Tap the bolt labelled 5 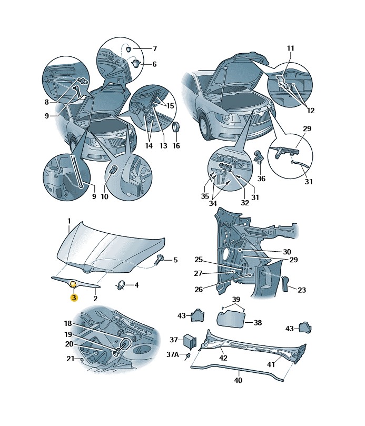(x=160, y=259)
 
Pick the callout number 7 (x=155, y=49)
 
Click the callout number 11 (x=290, y=49)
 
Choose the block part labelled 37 (x=190, y=341)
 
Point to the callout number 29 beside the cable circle (x=307, y=129)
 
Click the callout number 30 (x=287, y=252)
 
